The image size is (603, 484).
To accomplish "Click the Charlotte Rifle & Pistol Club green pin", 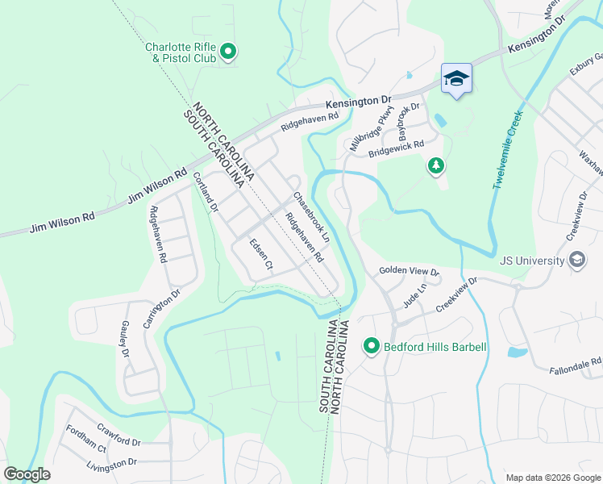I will pyautogui.click(x=228, y=52).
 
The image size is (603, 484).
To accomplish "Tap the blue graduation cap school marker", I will pyautogui.click(x=456, y=78).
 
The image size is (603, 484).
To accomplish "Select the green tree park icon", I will pyautogui.click(x=435, y=165).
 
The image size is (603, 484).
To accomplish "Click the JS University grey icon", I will pyautogui.click(x=576, y=260).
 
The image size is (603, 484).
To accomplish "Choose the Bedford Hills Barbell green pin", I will pyautogui.click(x=372, y=347).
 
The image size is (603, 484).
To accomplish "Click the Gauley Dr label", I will pyautogui.click(x=125, y=339).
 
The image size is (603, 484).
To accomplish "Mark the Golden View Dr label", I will pyautogui.click(x=408, y=272).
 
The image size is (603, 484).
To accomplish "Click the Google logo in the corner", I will pyautogui.click(x=27, y=474).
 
